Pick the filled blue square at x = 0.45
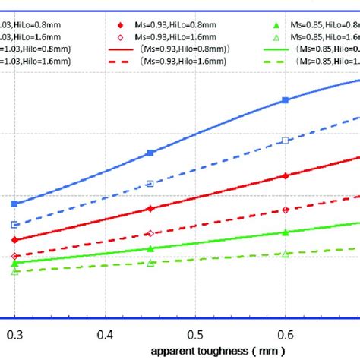tap(150, 153)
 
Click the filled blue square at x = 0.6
tap(286, 100)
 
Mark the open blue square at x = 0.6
tap(286, 141)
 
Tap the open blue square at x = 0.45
tap(150, 183)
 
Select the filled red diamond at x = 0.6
tap(286, 176)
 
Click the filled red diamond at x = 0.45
tap(150, 208)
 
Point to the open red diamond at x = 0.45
tap(150, 233)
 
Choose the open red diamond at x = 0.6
tap(286, 210)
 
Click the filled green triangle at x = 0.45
tap(150, 248)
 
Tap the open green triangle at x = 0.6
tap(286, 254)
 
